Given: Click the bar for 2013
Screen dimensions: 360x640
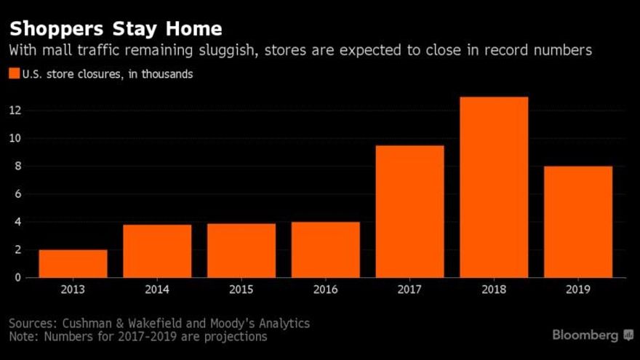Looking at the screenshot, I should point(73,263).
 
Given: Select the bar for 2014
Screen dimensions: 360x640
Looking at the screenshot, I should point(157,251).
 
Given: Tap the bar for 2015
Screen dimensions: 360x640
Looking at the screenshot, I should point(241,250).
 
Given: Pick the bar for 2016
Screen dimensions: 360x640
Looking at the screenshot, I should point(325,249).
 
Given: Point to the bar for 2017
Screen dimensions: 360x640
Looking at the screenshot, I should point(409,211).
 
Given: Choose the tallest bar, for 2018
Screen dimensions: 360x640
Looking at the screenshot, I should point(494,187).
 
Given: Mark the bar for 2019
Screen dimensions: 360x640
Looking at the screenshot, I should point(578,222).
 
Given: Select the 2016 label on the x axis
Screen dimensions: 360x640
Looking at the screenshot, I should point(325,289).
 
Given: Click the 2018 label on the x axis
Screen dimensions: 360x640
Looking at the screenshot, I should point(494,289).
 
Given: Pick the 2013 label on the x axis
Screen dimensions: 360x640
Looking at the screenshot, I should point(73,289).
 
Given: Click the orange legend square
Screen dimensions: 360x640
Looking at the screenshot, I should point(14,74).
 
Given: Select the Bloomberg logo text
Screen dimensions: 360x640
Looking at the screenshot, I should point(585,335).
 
